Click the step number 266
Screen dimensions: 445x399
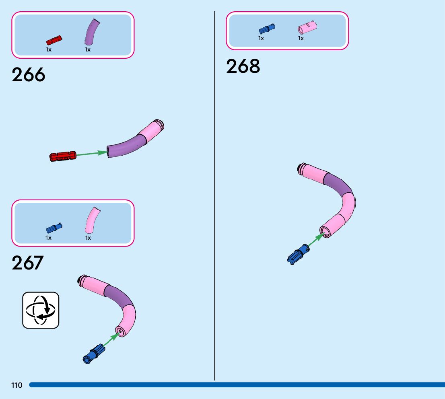click(x=29, y=75)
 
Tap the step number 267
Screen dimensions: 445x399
click(x=28, y=263)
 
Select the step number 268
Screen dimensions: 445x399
click(x=243, y=66)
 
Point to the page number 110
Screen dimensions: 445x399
click(x=17, y=385)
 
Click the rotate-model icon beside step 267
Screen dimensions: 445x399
click(x=41, y=310)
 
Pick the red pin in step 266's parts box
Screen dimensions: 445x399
click(x=54, y=40)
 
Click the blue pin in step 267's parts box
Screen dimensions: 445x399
click(x=54, y=228)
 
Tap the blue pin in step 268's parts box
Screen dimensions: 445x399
click(x=266, y=29)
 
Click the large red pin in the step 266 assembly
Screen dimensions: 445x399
click(x=63, y=156)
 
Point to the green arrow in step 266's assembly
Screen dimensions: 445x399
click(x=91, y=153)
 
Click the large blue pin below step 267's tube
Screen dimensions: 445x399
click(x=93, y=354)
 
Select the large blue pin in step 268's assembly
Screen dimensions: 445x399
click(x=297, y=254)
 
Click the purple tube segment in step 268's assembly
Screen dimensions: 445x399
click(x=338, y=185)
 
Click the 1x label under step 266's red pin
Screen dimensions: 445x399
click(x=49, y=49)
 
